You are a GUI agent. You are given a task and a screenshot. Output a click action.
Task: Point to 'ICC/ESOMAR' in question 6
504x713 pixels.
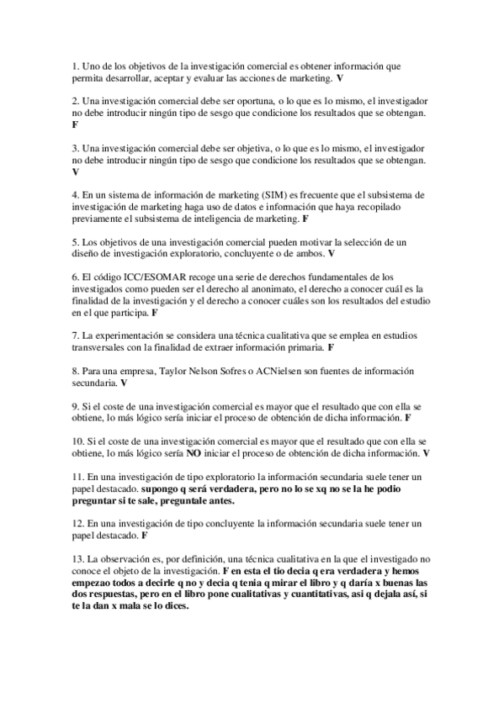click(x=135, y=277)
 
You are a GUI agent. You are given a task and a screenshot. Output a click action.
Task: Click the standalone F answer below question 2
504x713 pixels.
click(x=76, y=124)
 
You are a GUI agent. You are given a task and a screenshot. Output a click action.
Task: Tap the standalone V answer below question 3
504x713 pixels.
click(x=76, y=171)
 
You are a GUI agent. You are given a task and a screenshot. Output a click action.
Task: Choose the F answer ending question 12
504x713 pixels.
click(x=145, y=535)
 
